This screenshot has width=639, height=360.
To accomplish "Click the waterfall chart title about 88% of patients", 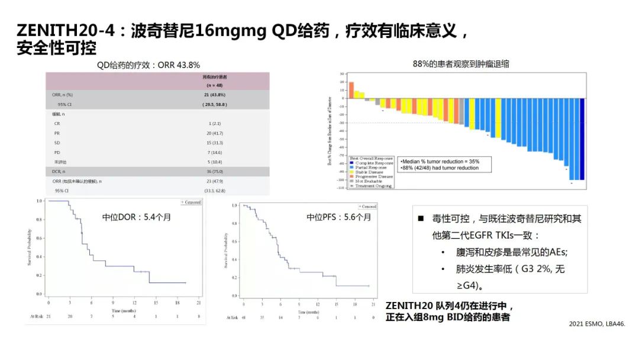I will pos(460,64).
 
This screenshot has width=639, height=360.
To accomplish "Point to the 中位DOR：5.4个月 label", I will pos(136,217).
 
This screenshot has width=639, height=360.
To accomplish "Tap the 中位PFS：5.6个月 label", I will pos(338,217).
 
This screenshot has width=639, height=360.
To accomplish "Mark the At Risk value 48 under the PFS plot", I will pos(244,318).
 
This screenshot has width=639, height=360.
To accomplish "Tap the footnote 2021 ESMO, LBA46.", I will pos(596,324).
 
